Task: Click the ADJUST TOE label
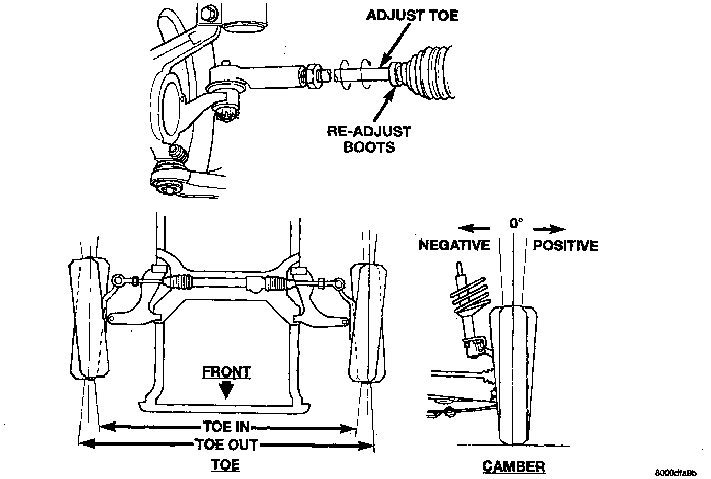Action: tap(411, 15)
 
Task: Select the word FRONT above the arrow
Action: tap(226, 372)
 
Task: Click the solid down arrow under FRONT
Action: tap(226, 390)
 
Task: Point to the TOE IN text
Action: tap(226, 427)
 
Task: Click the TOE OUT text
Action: tap(226, 445)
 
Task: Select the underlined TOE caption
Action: tap(226, 464)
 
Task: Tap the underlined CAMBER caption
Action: tap(513, 466)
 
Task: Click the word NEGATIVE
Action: tap(454, 245)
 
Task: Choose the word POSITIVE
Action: tap(565, 245)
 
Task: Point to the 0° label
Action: tap(515, 223)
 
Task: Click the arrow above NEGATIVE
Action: tap(474, 229)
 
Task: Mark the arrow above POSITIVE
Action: tap(549, 229)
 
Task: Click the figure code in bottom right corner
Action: tap(677, 473)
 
